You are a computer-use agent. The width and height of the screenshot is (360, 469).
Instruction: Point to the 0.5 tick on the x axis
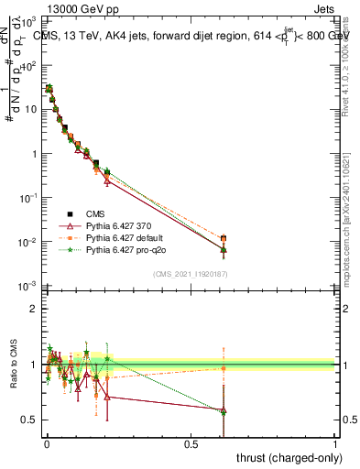pyautogui.click(x=191, y=443)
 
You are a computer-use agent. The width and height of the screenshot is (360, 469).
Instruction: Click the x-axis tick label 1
pyautogui.click(x=336, y=443)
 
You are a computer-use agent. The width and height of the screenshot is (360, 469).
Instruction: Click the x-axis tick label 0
pyautogui.click(x=46, y=443)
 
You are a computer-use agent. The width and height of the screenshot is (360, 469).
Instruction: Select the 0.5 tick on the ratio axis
pyautogui.click(x=29, y=420)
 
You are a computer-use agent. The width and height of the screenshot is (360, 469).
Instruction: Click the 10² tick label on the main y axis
pyautogui.click(x=28, y=65)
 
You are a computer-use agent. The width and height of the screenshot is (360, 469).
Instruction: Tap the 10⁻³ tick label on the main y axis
pyautogui.click(x=28, y=287)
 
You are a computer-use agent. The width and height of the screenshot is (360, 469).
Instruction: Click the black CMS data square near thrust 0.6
pyautogui.click(x=224, y=238)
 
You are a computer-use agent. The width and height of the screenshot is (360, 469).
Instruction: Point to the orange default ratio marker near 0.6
pyautogui.click(x=224, y=368)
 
